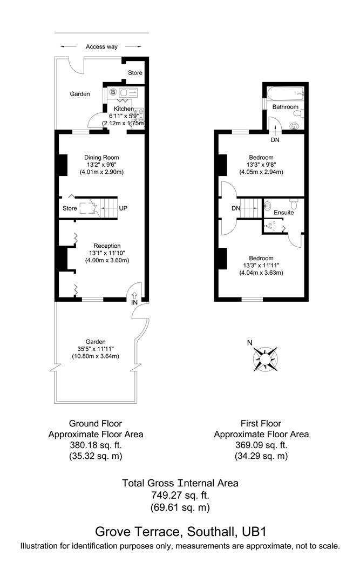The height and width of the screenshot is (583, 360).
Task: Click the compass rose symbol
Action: pos(266,358)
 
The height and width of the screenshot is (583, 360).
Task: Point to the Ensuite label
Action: pos(283,213)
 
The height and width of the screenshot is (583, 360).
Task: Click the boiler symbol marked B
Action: pos(113,92)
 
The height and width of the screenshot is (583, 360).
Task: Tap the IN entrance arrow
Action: pos(134,295)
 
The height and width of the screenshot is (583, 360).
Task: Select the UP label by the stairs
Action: pos(123,208)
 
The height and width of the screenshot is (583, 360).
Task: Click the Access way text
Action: pos(101,47)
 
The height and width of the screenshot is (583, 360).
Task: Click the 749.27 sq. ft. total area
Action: pos(180,495)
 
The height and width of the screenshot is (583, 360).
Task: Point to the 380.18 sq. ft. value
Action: pos(96,445)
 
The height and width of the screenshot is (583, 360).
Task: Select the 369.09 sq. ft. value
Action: pos(261,445)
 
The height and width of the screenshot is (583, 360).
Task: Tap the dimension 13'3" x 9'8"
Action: pos(261,165)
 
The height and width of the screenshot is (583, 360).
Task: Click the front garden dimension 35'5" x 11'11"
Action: pos(96,349)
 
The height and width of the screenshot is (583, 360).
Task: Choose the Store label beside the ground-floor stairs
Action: pos(70,208)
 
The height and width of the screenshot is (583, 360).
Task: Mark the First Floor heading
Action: pos(261,424)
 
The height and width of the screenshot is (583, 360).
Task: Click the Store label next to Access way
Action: pos(135,73)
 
